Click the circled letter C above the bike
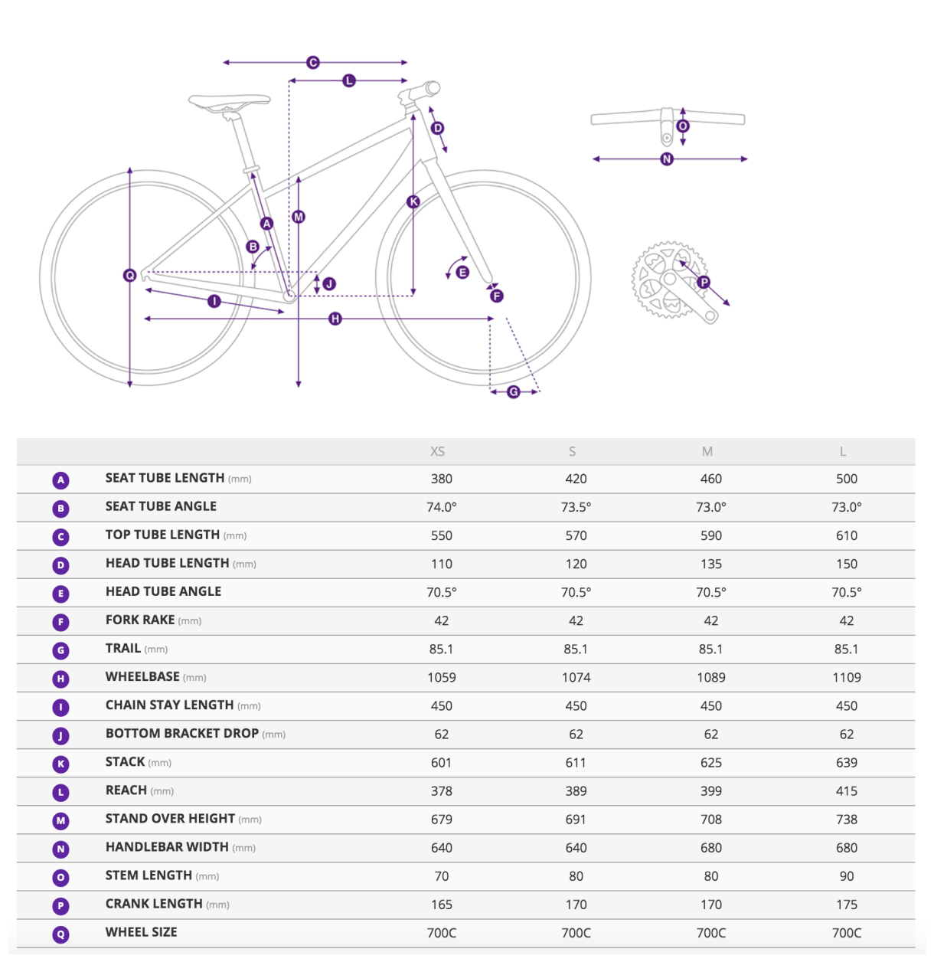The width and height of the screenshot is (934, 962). pyautogui.click(x=312, y=62)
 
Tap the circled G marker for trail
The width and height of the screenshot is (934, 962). pyautogui.click(x=514, y=391)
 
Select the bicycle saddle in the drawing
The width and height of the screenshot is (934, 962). pyautogui.click(x=229, y=101)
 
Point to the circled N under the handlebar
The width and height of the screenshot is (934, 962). pyautogui.click(x=667, y=159)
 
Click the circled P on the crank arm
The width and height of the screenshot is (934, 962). pyautogui.click(x=704, y=282)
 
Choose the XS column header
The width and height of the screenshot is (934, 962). pyautogui.click(x=437, y=451)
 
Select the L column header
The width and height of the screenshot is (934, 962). pyautogui.click(x=842, y=451)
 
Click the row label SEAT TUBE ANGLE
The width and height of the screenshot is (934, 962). pyautogui.click(x=161, y=506)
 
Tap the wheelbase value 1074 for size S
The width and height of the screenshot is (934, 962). pyautogui.click(x=576, y=677)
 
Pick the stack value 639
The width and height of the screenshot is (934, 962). pyautogui.click(x=846, y=762)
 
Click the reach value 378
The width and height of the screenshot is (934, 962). pyautogui.click(x=441, y=790)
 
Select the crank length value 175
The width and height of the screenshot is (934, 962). pyautogui.click(x=846, y=905)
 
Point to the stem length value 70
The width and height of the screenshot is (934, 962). pyautogui.click(x=441, y=876)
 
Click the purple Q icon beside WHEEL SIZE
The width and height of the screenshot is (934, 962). pyautogui.click(x=61, y=934)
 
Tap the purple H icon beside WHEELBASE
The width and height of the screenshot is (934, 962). pyautogui.click(x=61, y=679)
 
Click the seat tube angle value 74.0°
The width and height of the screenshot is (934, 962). pyautogui.click(x=441, y=507)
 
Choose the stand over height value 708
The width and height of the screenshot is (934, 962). pyautogui.click(x=710, y=820)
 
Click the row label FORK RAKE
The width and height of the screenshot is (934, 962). pyautogui.click(x=140, y=620)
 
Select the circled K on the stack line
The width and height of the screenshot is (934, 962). pyautogui.click(x=413, y=201)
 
